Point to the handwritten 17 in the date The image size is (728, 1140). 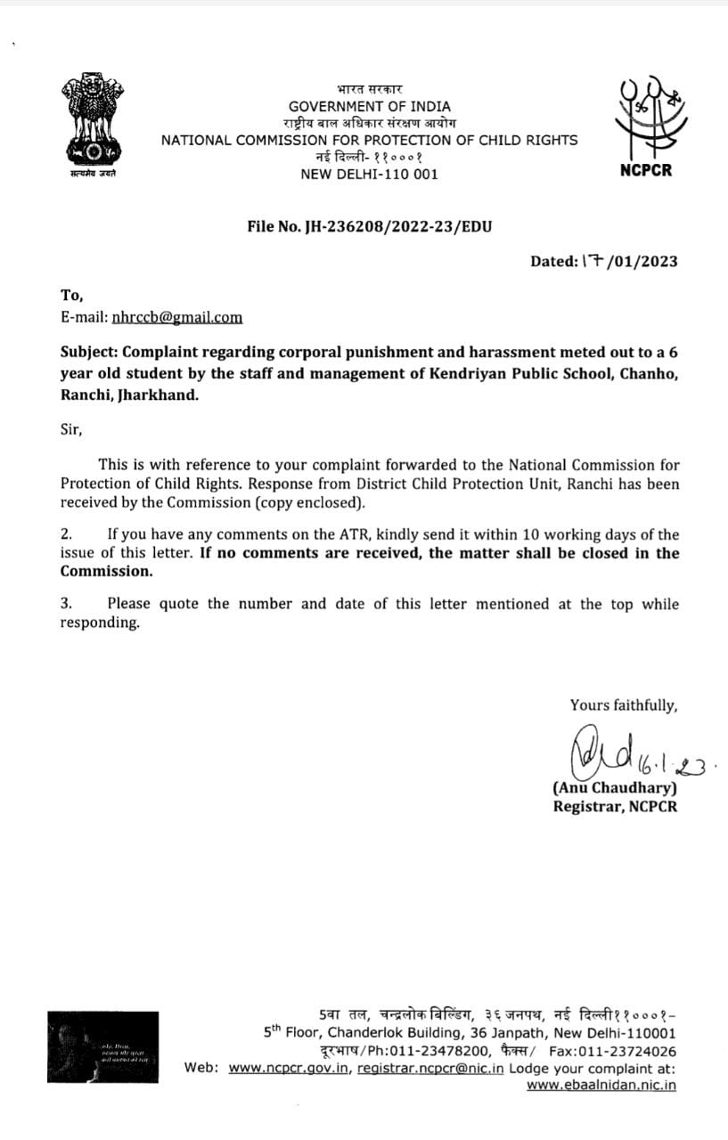tap(592, 260)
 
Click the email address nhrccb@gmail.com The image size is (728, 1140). tap(176, 317)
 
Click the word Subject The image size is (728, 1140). tap(91, 353)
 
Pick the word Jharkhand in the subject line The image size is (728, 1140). tap(158, 395)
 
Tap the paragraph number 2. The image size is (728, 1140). tap(65, 534)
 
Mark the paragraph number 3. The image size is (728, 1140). tap(65, 604)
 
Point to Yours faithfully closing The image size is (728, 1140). tap(624, 705)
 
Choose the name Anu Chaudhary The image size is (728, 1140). tap(615, 788)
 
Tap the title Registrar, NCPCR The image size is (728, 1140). tap(615, 807)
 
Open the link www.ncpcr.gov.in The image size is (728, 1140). tap(290, 1068)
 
